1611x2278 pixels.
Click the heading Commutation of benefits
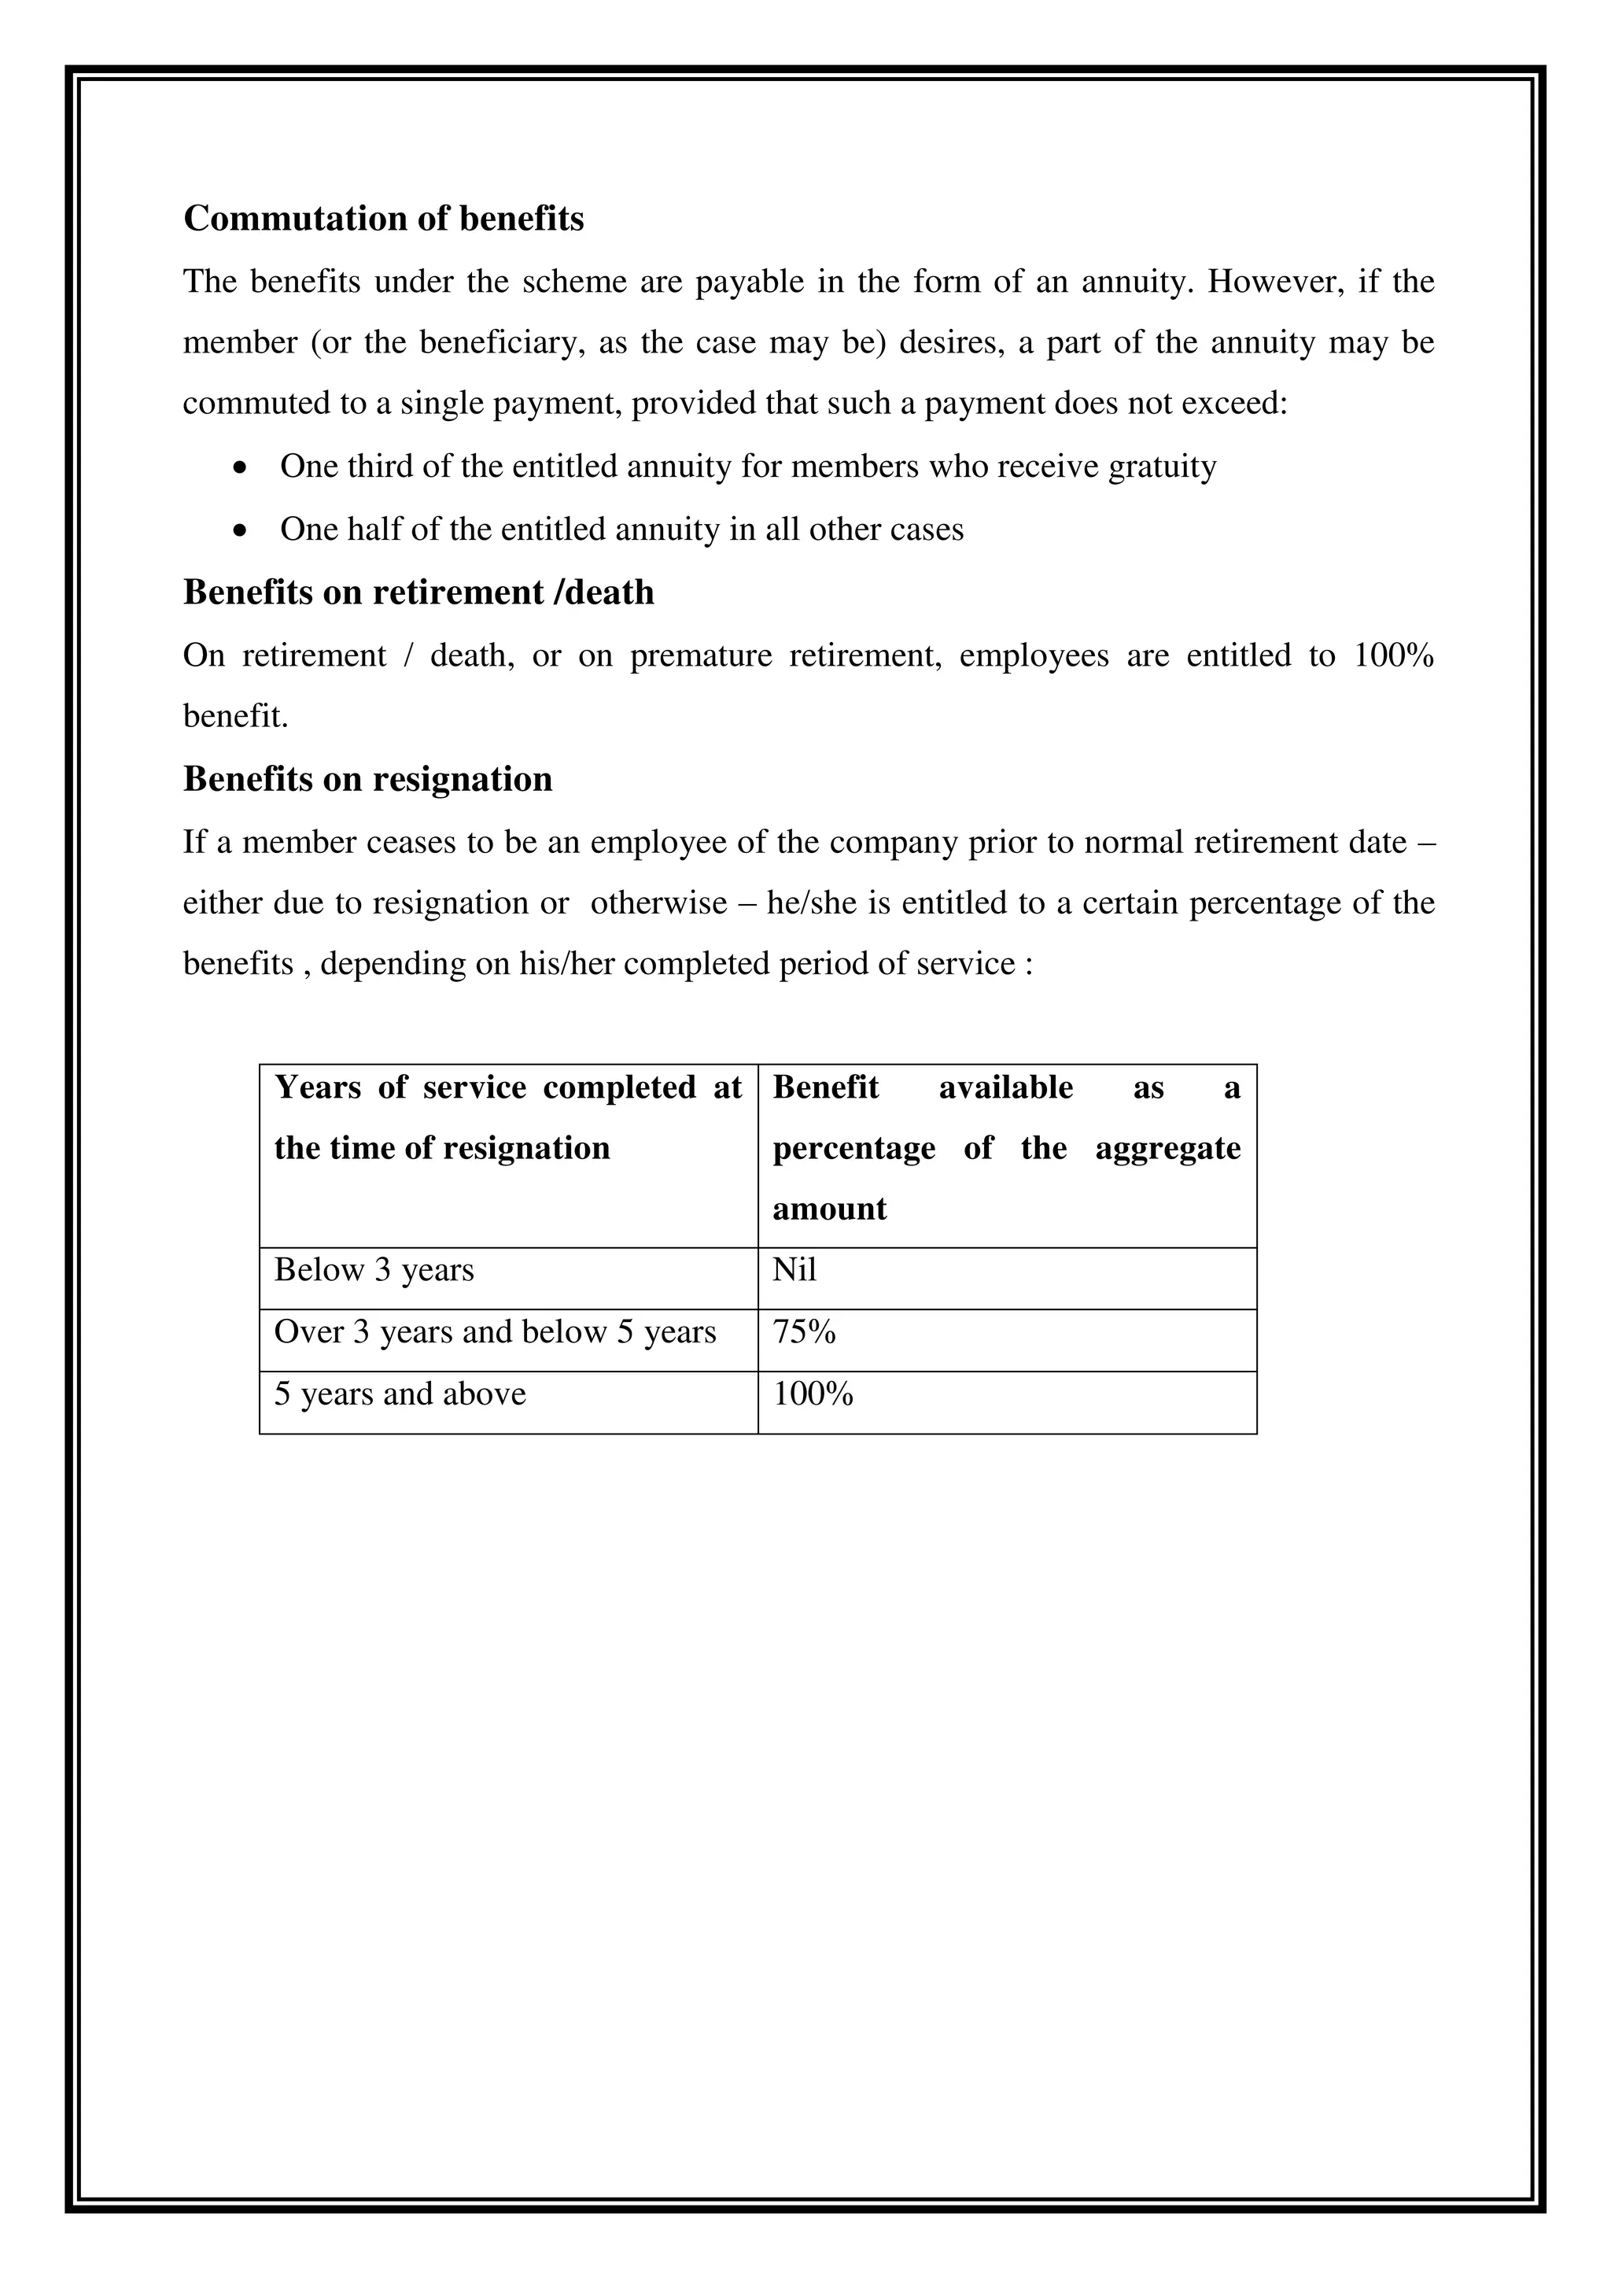(x=383, y=218)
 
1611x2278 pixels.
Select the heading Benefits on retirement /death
(x=418, y=593)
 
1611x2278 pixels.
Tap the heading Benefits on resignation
(x=367, y=779)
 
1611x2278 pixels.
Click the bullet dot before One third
(x=239, y=467)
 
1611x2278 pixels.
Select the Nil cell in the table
(x=794, y=1270)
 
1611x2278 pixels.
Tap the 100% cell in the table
(x=813, y=1394)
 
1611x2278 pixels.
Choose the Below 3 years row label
(x=374, y=1270)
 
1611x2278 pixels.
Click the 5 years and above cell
(x=400, y=1394)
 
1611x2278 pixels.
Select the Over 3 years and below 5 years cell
(x=494, y=1332)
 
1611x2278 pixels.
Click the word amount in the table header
(x=829, y=1209)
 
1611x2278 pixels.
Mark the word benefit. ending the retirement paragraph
(x=235, y=716)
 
